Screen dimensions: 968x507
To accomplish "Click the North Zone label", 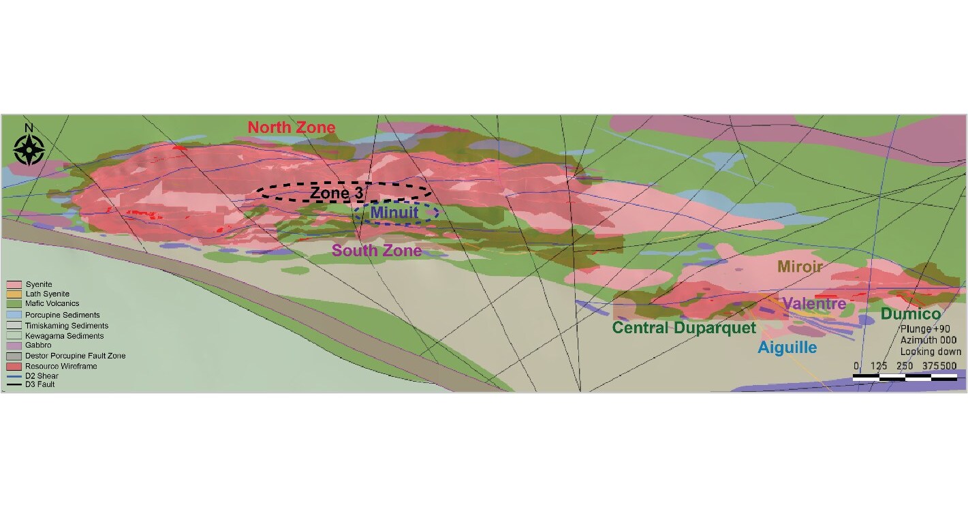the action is point(291,127).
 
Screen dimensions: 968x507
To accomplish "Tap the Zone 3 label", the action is point(337,193).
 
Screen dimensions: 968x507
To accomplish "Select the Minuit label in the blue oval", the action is point(394,213).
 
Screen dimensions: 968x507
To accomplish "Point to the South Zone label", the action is point(377,251).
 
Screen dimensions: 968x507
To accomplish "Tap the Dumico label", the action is point(911,314).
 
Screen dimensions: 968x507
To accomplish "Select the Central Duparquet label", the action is point(684,328).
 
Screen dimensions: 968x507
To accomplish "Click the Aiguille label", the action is point(787,348).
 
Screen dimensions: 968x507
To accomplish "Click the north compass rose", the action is point(29,148).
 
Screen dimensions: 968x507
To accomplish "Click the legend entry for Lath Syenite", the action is point(47,294).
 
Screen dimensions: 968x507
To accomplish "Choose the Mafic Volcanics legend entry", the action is point(52,303).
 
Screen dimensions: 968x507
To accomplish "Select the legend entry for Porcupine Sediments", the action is point(62,315).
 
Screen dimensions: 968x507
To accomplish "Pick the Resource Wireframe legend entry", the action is point(61,366).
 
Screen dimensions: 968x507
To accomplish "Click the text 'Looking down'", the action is point(931,352).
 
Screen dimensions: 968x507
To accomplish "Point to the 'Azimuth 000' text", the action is point(931,340).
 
